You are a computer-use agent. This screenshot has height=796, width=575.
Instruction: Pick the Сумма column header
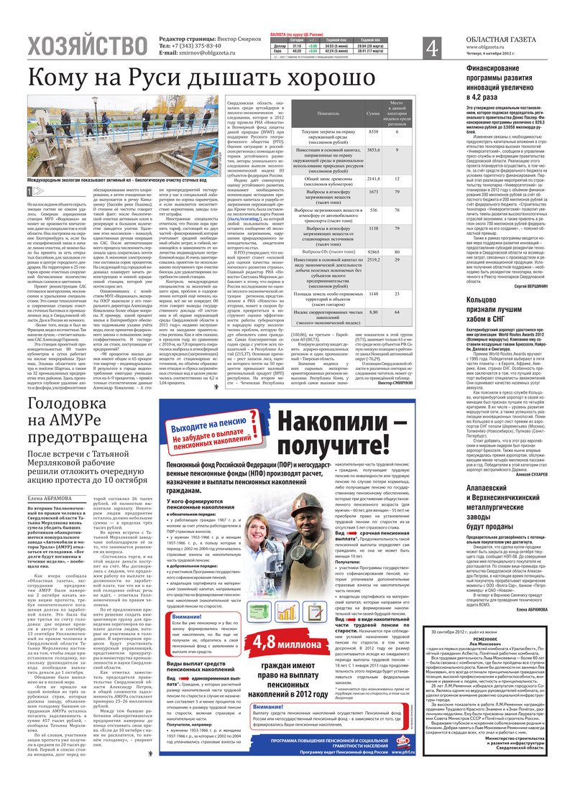click(x=373, y=114)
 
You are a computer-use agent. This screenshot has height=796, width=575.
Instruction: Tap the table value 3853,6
click(x=373, y=149)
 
